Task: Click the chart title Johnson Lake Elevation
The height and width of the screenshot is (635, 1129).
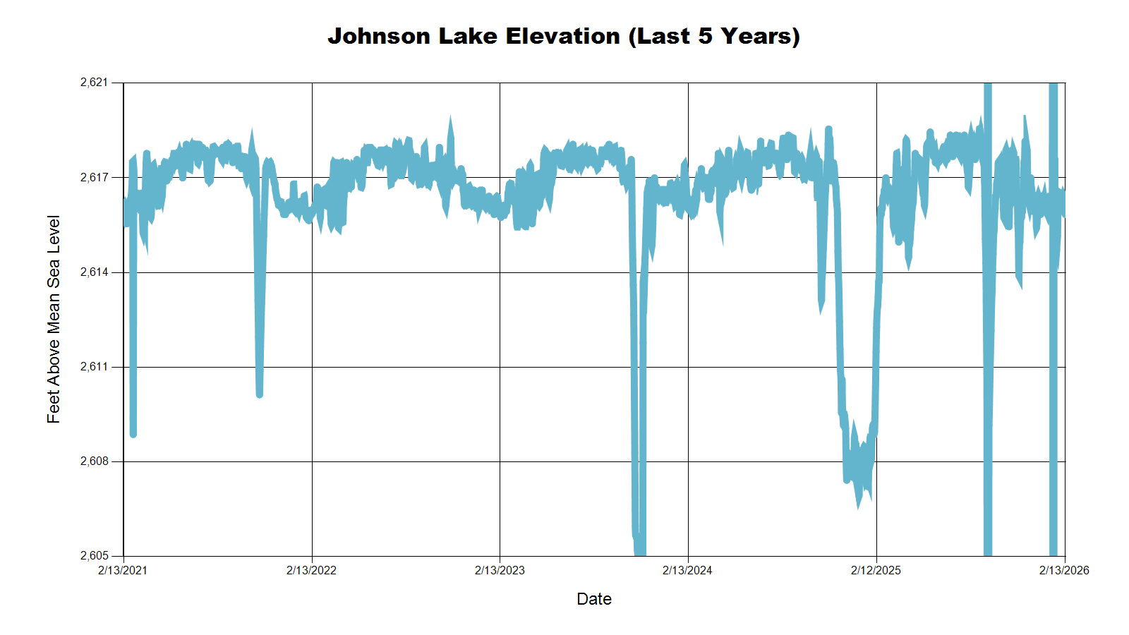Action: click(x=563, y=36)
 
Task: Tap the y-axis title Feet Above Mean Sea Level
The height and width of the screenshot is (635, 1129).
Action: click(x=54, y=319)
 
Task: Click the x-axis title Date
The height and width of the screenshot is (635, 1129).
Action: click(x=593, y=599)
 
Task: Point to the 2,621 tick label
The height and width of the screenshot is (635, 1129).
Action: click(x=95, y=83)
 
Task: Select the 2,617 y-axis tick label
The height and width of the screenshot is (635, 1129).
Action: click(x=95, y=177)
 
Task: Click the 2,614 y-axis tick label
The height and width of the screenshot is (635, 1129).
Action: click(x=95, y=272)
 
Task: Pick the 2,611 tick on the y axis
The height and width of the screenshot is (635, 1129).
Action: click(x=95, y=367)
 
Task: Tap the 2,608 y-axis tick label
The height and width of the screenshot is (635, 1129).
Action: click(x=95, y=461)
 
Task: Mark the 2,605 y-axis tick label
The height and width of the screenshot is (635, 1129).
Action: click(x=95, y=556)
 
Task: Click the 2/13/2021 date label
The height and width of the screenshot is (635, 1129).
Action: click(x=123, y=570)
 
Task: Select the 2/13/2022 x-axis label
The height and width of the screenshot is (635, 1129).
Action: click(x=311, y=570)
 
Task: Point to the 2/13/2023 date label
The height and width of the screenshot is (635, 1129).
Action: click(x=500, y=570)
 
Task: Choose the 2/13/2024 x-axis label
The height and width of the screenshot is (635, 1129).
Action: click(x=687, y=570)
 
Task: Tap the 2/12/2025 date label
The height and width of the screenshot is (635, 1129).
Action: click(x=876, y=570)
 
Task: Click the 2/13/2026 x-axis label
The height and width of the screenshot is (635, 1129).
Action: click(x=1064, y=570)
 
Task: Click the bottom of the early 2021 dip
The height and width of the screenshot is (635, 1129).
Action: click(x=133, y=434)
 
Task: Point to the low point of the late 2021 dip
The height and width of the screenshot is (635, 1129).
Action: click(x=260, y=394)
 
